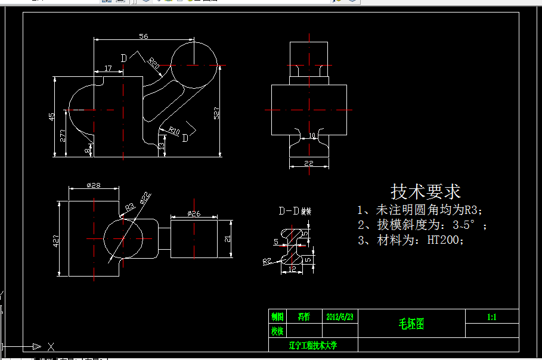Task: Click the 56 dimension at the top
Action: (144, 36)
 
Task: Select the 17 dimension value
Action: (108, 69)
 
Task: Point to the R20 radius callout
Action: (153, 63)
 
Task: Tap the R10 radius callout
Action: (174, 131)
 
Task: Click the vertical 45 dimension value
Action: (52, 116)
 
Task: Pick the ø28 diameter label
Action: (93, 185)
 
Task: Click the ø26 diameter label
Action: (194, 213)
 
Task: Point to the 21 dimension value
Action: (227, 238)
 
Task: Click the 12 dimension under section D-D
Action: (292, 269)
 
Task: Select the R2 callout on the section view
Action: (267, 261)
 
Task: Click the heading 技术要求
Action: (425, 192)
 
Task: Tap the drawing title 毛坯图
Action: (411, 324)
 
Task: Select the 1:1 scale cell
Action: (492, 317)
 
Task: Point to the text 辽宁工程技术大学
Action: (313, 345)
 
